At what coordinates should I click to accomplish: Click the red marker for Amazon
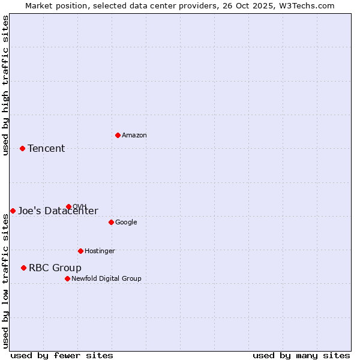tap(118, 135)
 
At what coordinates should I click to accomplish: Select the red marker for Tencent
tap(22, 148)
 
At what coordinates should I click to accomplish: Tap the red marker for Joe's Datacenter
tap(13, 211)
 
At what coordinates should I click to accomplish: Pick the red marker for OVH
tap(68, 206)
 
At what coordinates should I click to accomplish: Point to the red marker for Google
tap(111, 222)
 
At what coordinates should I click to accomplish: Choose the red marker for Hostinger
tap(80, 251)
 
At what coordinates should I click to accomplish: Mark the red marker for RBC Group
tap(23, 268)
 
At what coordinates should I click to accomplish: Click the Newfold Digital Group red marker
tap(67, 278)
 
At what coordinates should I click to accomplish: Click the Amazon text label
tap(134, 136)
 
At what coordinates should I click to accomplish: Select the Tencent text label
tap(46, 149)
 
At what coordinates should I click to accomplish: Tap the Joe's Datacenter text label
tap(58, 211)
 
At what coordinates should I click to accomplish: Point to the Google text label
tap(126, 223)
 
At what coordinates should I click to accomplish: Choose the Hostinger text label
tap(100, 251)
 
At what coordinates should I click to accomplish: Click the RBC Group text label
tap(55, 268)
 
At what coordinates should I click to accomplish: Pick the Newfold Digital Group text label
tap(106, 279)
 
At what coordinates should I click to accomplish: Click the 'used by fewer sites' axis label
tap(62, 355)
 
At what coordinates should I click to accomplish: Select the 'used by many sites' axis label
tap(301, 355)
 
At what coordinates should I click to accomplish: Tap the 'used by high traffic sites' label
tap(5, 85)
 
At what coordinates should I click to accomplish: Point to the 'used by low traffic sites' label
tap(5, 281)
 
